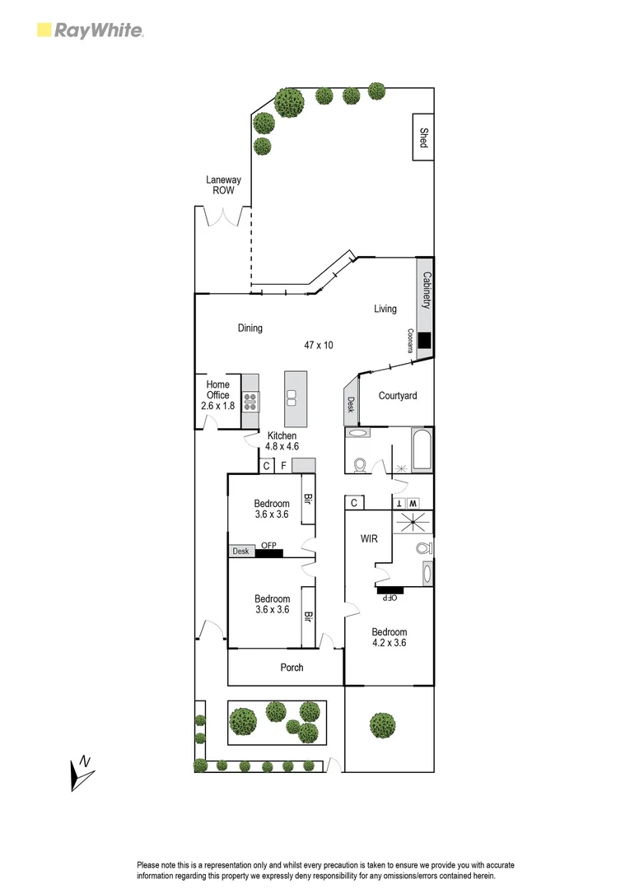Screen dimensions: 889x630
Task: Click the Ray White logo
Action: pos(91,31)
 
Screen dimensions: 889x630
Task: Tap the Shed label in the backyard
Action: pos(424,137)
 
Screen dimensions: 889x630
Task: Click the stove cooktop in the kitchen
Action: pos(250,403)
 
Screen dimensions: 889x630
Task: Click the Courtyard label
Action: pos(397,396)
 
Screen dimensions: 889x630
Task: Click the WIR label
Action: pos(368,539)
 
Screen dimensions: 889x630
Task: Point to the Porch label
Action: pos(292,668)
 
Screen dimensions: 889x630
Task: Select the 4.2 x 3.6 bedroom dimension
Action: pos(390,644)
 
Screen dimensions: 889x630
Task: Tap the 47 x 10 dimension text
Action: pos(319,346)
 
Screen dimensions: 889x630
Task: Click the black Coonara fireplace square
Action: pos(424,340)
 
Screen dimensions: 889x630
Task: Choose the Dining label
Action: pos(250,328)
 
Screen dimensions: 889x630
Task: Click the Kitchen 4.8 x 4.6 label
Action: pos(281,441)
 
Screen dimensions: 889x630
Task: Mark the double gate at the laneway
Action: pos(222,216)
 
